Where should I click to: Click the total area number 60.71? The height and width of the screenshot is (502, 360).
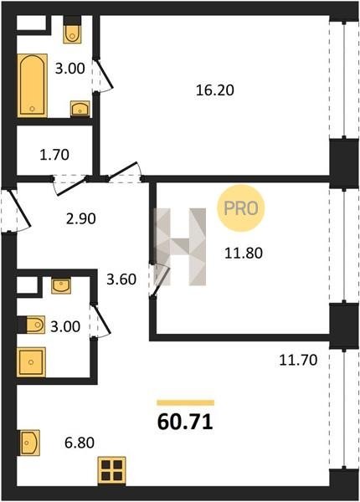coord(185,422)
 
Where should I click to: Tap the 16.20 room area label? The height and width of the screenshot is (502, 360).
coord(215,90)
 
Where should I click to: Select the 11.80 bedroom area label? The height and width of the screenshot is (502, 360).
coord(244,254)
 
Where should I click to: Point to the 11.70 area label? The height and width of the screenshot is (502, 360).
coord(298,360)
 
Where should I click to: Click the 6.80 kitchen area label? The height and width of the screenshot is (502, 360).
coord(79,443)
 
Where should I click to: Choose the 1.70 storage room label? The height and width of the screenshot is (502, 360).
coord(54,155)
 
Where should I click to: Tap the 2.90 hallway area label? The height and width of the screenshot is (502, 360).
coord(80,219)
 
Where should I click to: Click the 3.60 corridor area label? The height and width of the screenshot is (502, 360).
coord(121,279)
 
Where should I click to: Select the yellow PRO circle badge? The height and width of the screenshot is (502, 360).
coord(241,208)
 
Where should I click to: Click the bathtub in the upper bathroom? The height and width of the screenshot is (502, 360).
coord(32,85)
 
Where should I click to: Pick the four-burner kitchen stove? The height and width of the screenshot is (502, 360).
coord(112,470)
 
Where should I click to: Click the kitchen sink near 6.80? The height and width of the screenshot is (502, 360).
coord(30,443)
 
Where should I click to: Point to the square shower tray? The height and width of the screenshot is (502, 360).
coord(31,362)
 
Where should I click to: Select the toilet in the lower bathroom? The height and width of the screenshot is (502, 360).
coord(33,325)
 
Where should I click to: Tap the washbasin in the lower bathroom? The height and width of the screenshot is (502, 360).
coord(61,285)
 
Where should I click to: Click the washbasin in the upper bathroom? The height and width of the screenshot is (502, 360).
coord(80,108)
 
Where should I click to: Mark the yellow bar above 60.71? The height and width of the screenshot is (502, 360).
coord(186,402)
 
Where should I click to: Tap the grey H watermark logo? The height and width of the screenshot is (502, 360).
coord(180,247)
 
